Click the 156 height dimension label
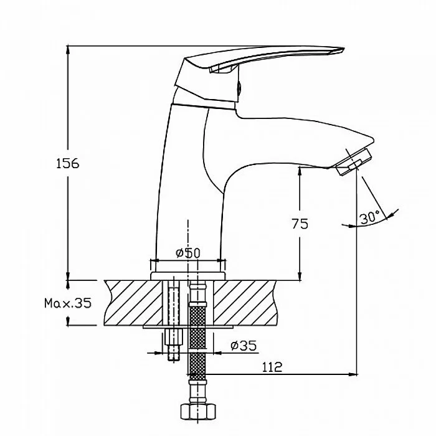(67, 163)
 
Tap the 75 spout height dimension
(300, 224)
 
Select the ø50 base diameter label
(188, 253)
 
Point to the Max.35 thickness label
(67, 303)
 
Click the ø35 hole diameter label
(244, 346)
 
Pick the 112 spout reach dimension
(272, 367)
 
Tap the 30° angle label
(369, 217)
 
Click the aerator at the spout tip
(354, 162)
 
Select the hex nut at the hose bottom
(197, 412)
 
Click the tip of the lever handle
(344, 49)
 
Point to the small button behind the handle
(239, 88)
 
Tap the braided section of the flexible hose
(197, 341)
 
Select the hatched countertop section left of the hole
(133, 303)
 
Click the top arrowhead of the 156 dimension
(67, 49)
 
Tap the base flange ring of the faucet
(187, 276)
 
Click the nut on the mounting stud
(174, 337)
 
